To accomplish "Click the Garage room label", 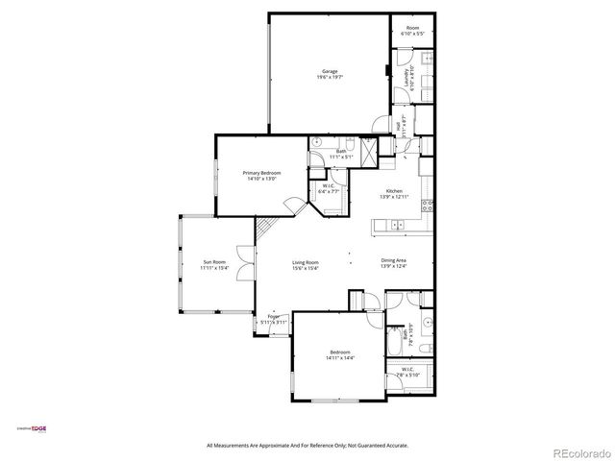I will click(329, 71).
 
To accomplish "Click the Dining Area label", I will click(393, 260).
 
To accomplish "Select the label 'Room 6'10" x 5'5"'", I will click(412, 30).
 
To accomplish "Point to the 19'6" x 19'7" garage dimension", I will click(329, 77).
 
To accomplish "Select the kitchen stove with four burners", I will click(428, 205).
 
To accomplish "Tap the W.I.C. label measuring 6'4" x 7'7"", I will click(329, 188).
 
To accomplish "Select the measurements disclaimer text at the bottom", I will click(307, 445).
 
